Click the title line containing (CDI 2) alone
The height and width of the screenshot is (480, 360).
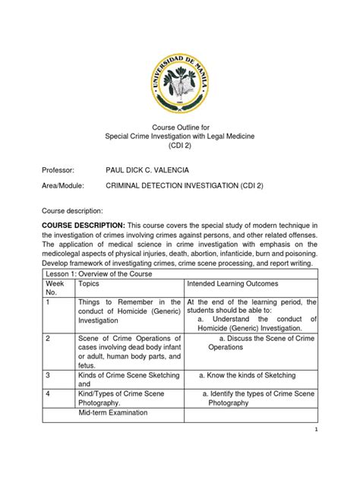point(179,144)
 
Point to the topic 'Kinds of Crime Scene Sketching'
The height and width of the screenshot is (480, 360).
point(124,375)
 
